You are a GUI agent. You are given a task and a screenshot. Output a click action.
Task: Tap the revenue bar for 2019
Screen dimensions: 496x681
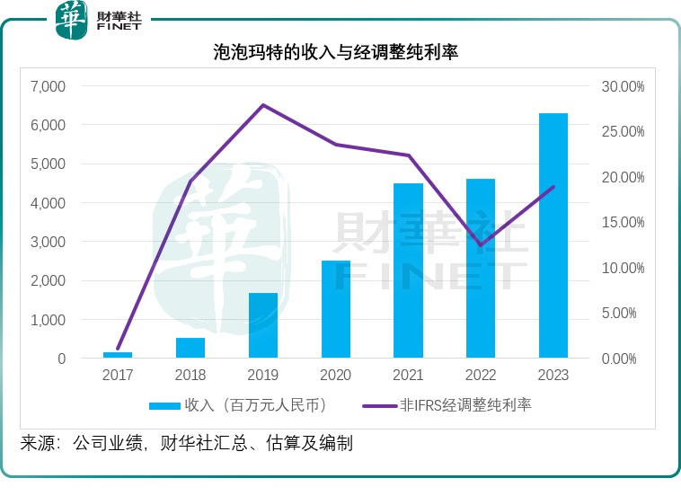coord(263,325)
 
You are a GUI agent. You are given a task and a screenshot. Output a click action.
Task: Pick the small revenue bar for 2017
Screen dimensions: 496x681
coord(118,355)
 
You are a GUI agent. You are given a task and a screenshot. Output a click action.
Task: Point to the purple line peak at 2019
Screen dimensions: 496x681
coord(262,105)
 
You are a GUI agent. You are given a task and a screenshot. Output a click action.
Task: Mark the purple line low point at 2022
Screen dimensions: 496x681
coord(481,245)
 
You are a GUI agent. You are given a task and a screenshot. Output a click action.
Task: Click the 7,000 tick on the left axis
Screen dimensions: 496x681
coord(49,86)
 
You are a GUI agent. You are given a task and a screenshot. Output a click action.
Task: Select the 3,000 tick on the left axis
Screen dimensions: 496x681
coord(49,242)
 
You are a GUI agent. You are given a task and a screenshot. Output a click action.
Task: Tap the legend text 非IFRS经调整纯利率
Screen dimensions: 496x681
coord(470,405)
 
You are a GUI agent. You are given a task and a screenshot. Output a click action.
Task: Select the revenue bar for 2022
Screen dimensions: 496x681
coord(481,269)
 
